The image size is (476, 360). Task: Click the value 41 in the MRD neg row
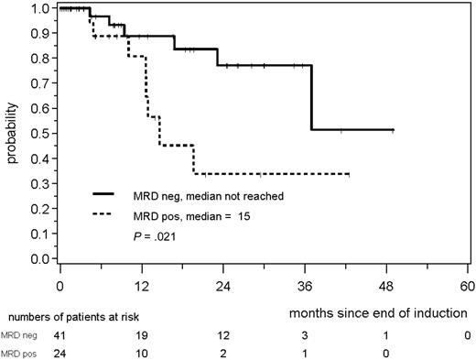pyautogui.click(x=60, y=335)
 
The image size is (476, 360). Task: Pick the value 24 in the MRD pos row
pyautogui.click(x=60, y=353)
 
